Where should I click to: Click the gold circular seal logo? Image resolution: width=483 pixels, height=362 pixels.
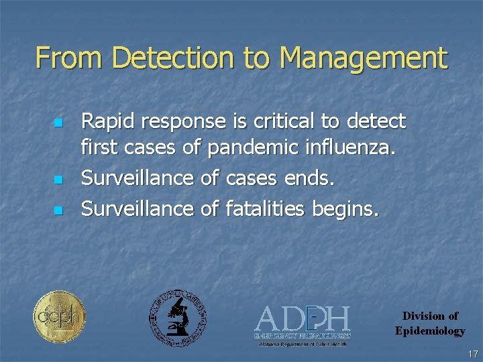tap(60, 316)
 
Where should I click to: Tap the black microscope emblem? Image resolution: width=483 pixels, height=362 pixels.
tap(177, 318)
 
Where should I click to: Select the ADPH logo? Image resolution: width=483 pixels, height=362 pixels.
tap(302, 322)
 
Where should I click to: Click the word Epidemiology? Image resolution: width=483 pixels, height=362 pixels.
tap(429, 330)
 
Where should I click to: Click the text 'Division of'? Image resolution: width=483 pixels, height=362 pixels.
tap(430, 316)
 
